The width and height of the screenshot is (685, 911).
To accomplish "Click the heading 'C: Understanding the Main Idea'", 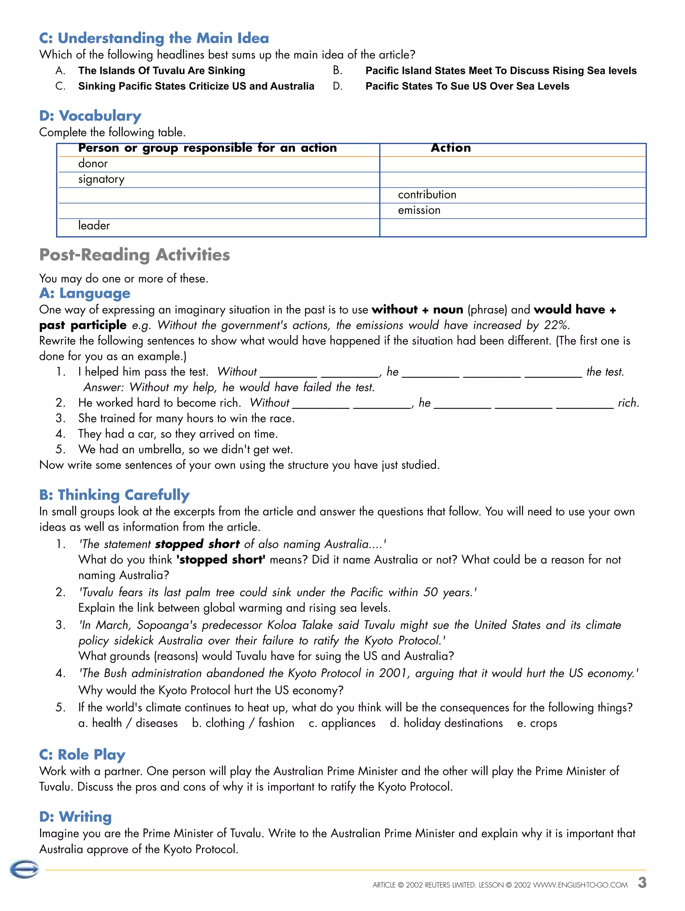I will tap(154, 38).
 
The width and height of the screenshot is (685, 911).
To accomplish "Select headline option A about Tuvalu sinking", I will tap(161, 71).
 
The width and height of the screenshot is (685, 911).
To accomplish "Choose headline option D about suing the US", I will tap(467, 87).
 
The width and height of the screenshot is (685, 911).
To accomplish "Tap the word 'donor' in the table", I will tap(93, 164).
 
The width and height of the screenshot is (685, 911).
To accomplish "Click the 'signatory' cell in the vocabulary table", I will tap(101, 179).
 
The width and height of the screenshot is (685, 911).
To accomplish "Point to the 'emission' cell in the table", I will tap(419, 211).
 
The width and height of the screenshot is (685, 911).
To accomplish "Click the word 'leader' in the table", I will tap(94, 226).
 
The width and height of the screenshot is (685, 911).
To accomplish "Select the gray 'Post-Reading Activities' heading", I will tap(134, 255).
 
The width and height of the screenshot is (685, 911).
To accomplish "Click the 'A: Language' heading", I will tap(85, 293).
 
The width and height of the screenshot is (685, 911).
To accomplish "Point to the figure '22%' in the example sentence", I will tap(557, 326).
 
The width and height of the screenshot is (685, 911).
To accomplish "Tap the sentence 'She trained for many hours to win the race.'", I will tap(186, 418).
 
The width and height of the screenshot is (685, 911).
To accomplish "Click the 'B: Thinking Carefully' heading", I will tap(114, 495).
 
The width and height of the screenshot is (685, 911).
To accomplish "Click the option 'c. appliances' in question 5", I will tap(342, 723).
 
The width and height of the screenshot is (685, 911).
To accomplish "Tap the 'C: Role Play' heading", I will tap(82, 755).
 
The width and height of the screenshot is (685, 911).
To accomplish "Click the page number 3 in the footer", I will tap(642, 883).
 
